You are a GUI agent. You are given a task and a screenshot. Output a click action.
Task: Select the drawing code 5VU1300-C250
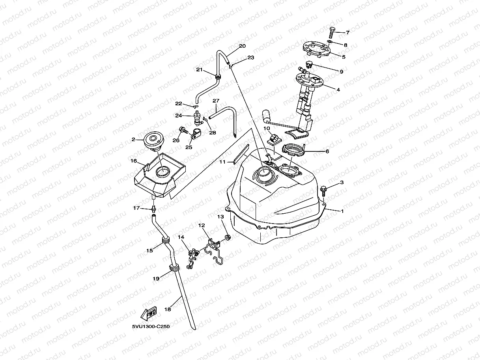(x=151, y=326)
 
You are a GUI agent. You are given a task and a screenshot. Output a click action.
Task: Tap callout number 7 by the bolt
(x=347, y=32)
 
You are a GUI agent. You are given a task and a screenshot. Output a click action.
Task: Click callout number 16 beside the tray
(x=134, y=161)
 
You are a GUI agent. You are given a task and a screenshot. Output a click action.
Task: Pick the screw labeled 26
(x=183, y=129)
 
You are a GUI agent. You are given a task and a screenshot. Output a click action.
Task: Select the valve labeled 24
(x=196, y=117)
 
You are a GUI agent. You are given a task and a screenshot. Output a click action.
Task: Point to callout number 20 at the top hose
(x=242, y=46)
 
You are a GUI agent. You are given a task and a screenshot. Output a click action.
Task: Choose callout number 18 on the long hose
(x=168, y=310)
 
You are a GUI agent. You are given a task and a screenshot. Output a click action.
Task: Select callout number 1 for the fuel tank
(x=342, y=211)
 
